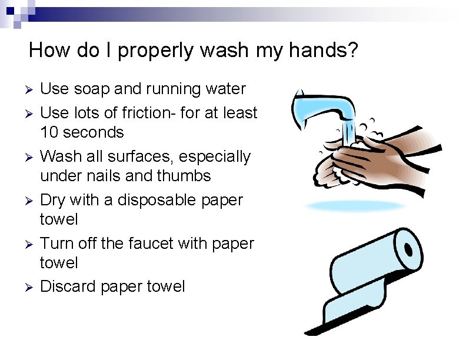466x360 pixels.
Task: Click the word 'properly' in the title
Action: pyautogui.click(x=155, y=51)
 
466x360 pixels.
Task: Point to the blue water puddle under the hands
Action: pyautogui.click(x=348, y=206)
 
